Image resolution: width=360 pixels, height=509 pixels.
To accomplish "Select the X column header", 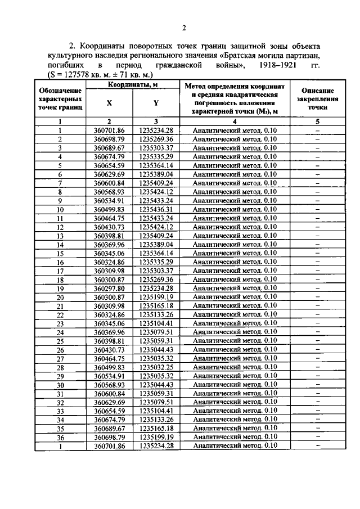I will pyautogui.click(x=109, y=103).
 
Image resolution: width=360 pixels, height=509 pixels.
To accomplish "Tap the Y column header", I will pyautogui.click(x=156, y=103).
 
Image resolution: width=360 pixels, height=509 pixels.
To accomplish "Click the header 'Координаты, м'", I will pyautogui.click(x=132, y=84).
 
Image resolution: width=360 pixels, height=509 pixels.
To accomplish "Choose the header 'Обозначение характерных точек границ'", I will pyautogui.click(x=60, y=98).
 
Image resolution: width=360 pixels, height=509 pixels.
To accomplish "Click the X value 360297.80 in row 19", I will pyautogui.click(x=109, y=288).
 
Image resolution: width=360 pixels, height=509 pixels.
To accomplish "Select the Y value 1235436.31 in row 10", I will pyautogui.click(x=156, y=209).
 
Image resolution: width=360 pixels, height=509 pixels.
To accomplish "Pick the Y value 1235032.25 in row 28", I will pyautogui.click(x=156, y=367).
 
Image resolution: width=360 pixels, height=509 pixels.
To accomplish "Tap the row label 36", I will pyautogui.click(x=60, y=437).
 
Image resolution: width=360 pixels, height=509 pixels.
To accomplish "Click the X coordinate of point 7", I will pyautogui.click(x=109, y=183).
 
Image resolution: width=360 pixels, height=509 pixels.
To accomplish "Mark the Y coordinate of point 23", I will pyautogui.click(x=156, y=323).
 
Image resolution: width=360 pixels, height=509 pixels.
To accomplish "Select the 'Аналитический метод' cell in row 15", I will pyautogui.click(x=235, y=253).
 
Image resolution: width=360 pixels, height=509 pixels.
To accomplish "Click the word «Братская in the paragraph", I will pyautogui.click(x=238, y=57).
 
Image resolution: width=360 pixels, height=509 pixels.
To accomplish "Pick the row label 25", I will pyautogui.click(x=60, y=340).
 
